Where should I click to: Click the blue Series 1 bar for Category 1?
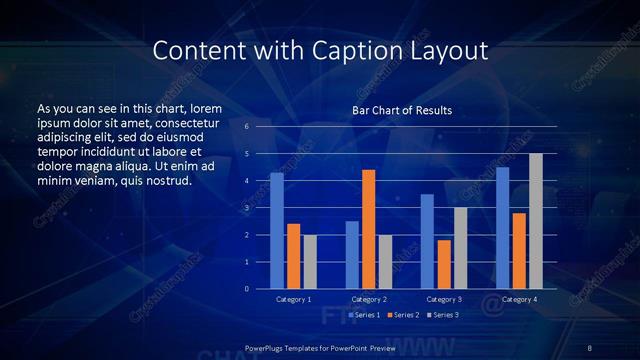click(277, 231)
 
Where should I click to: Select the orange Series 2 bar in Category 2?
click(368, 229)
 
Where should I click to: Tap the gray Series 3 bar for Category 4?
click(536, 221)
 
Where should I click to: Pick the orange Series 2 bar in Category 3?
click(443, 264)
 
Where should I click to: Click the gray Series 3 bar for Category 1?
click(310, 262)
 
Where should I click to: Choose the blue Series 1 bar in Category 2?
click(352, 255)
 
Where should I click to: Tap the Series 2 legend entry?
click(402, 315)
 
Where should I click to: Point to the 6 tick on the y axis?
click(247, 127)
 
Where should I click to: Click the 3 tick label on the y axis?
click(247, 208)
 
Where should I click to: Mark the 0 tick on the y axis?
click(247, 289)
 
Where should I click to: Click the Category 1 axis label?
click(293, 299)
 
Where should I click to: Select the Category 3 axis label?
click(443, 299)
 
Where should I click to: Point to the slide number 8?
click(590, 347)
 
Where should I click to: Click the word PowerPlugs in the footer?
click(267, 347)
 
